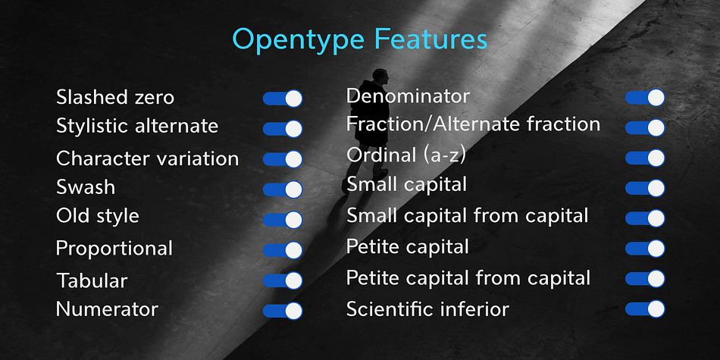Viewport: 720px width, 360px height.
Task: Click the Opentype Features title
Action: point(359,40)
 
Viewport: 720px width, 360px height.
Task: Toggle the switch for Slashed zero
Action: point(283,99)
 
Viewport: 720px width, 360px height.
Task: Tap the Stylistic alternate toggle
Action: point(283,129)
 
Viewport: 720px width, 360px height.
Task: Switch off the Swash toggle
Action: point(283,189)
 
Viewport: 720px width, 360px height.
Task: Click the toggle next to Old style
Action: point(283,220)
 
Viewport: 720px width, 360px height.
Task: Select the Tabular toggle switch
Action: point(283,280)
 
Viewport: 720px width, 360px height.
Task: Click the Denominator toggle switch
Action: point(645,97)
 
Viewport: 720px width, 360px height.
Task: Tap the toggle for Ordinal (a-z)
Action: point(645,158)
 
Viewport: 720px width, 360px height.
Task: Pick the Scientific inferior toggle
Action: point(645,308)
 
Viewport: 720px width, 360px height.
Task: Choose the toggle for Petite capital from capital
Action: point(645,279)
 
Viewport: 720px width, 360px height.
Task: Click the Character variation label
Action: point(147,159)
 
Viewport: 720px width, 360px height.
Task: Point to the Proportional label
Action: point(114,249)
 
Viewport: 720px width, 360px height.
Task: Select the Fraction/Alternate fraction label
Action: point(474,124)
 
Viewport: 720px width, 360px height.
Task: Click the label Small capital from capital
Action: point(468,215)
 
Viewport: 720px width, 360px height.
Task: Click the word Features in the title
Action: point(430,39)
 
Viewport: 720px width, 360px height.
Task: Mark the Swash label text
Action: point(86,187)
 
